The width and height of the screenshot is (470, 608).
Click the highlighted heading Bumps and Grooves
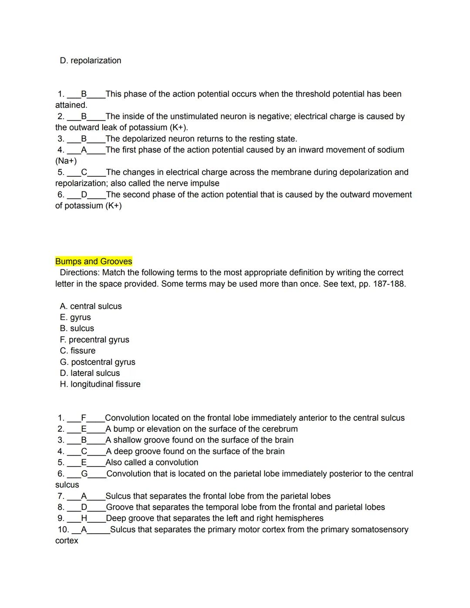point(94,262)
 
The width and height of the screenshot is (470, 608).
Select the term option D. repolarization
point(91,60)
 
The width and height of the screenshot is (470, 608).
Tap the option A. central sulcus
point(91,306)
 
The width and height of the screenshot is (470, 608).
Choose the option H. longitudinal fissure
point(100,384)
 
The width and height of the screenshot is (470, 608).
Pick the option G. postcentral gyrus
point(97,362)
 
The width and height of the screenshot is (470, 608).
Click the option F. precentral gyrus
point(94,340)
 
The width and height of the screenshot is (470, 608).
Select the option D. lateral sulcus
point(90,373)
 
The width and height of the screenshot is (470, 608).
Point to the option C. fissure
point(77,351)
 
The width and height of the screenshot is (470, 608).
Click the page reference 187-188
point(389,284)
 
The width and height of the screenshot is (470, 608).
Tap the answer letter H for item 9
point(84,518)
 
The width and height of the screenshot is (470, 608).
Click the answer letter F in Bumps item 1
point(84,418)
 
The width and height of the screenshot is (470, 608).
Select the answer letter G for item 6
point(84,474)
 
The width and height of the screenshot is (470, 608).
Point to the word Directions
point(80,273)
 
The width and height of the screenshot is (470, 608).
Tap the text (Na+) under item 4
point(66,161)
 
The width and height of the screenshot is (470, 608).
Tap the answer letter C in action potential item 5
point(84,172)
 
